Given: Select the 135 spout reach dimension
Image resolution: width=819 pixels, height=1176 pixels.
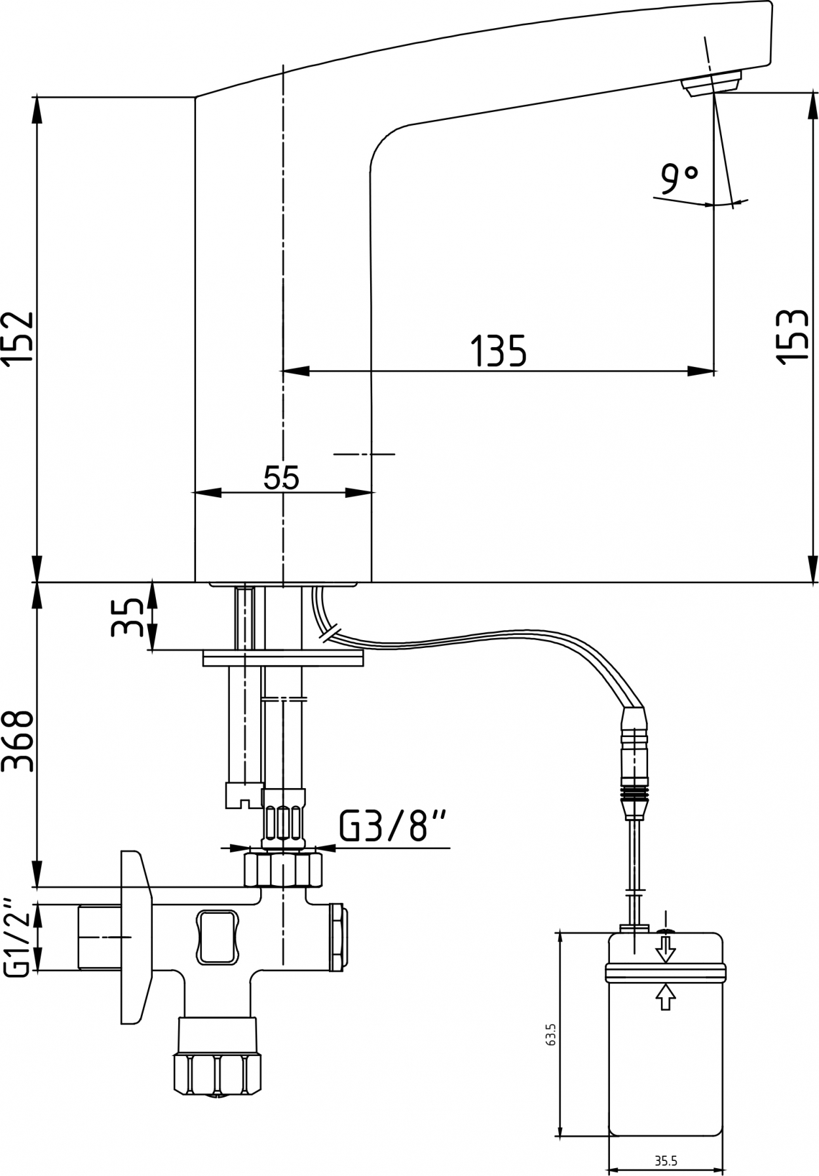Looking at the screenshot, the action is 499,351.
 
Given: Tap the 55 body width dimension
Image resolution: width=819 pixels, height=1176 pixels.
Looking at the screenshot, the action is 282,477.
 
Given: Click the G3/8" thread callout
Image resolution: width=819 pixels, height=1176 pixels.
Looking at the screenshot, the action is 393,826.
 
